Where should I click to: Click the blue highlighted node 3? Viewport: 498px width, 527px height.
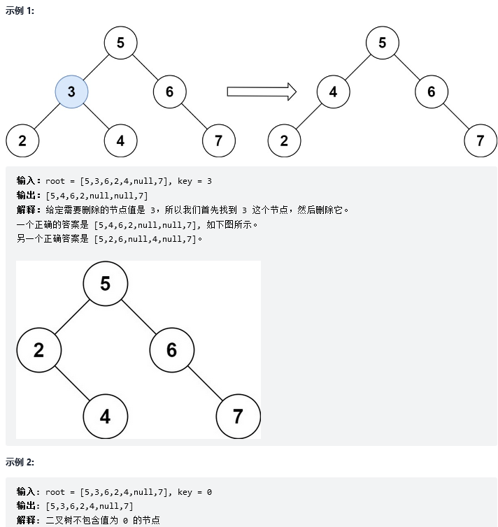coord(71,92)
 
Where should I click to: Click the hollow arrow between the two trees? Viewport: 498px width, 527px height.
coord(262,92)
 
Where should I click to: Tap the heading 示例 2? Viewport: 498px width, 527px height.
coord(20,462)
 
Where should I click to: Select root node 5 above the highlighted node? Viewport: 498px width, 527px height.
coord(120,43)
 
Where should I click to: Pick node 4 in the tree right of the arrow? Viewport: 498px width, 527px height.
coord(333,92)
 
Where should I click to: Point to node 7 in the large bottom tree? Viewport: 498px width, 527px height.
coord(238,417)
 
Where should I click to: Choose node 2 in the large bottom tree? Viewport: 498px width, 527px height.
coord(38,349)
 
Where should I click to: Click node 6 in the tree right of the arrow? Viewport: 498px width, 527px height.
coord(431,92)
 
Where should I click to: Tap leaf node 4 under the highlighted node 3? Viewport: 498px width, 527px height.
coord(120,140)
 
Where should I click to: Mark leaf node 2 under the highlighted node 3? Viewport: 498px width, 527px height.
coord(22,140)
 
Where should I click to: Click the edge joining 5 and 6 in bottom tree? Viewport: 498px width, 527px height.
coord(138,316)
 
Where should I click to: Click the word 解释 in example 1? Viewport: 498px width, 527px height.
coord(29,210)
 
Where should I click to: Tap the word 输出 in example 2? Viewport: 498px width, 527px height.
coord(29,506)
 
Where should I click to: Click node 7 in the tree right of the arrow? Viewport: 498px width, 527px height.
coord(480,140)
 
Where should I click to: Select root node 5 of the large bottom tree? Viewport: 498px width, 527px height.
coord(105,283)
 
